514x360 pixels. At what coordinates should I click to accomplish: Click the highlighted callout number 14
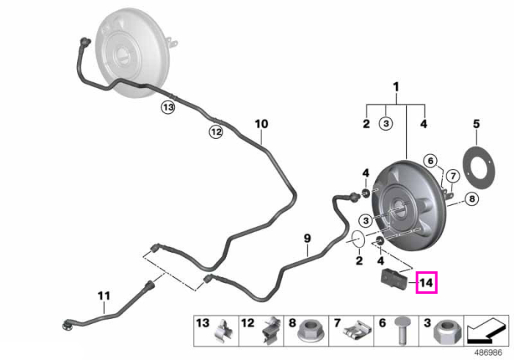[x=426, y=282]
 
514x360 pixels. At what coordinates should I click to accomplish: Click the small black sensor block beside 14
[x=394, y=280]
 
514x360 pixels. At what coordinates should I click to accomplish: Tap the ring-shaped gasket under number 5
[x=478, y=168]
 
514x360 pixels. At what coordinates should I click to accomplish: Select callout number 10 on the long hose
[x=261, y=124]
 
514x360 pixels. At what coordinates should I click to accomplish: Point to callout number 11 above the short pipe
[x=104, y=296]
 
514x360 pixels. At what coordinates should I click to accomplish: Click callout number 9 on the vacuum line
[x=307, y=238]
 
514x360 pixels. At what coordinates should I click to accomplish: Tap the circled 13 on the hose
[x=168, y=107]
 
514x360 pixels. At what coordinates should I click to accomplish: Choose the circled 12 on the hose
[x=216, y=132]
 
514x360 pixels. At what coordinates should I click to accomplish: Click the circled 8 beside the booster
[x=471, y=198]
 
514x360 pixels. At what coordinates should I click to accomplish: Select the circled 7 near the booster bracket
[x=453, y=176]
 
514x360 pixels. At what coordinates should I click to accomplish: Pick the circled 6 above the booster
[x=430, y=161]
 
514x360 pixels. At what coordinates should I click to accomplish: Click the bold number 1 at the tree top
[x=396, y=87]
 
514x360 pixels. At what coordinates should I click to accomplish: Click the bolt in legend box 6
[x=402, y=330]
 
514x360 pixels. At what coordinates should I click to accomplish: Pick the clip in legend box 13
[x=224, y=331]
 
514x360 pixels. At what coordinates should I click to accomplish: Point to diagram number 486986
[x=488, y=353]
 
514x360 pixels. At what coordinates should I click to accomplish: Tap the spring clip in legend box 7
[x=357, y=332]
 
